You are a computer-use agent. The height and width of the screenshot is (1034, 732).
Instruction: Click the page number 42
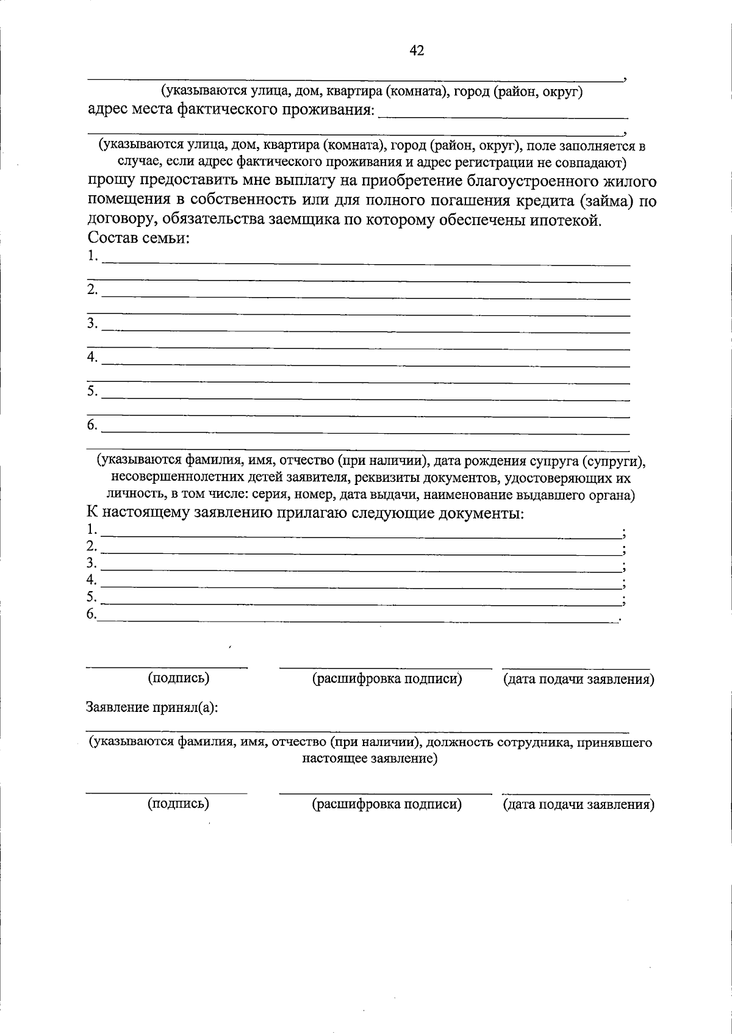coord(417,51)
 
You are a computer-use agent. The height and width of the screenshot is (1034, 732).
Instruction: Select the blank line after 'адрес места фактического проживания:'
coord(503,114)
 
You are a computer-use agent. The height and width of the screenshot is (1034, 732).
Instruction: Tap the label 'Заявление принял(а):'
coord(152,707)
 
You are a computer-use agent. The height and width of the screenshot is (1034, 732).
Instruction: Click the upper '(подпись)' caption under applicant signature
coord(178,678)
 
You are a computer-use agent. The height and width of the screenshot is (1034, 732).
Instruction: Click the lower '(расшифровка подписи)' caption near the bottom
coord(387,804)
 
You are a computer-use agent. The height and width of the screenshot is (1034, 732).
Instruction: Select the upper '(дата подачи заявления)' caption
coord(578,679)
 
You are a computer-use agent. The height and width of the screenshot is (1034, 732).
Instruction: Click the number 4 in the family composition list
coord(92,357)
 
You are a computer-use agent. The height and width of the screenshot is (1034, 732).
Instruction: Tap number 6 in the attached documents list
coord(91,614)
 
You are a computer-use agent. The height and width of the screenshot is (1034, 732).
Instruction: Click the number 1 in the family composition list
coord(92,256)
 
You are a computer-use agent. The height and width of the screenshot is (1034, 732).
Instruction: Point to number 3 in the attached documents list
coord(91,562)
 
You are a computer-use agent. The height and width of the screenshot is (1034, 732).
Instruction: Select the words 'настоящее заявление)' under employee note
coord(370,759)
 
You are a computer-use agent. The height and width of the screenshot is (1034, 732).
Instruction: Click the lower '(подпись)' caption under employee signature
coord(178,804)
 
